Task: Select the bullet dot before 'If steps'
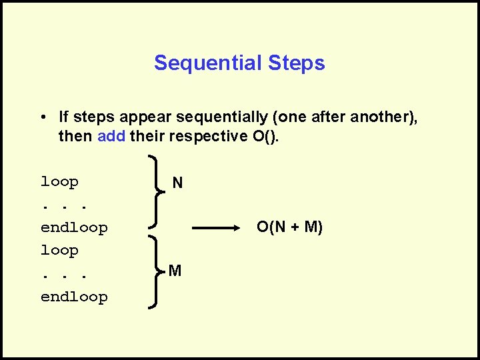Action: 42,117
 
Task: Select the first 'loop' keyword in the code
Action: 59,182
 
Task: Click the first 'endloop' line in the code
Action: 74,228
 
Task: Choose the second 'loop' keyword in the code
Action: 59,251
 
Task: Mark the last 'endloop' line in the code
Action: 74,297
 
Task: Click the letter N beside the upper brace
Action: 177,182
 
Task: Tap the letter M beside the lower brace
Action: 175,271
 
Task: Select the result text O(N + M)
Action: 290,228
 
